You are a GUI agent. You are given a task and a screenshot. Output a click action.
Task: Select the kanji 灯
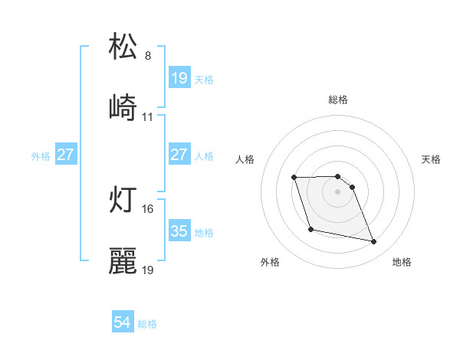[123, 198]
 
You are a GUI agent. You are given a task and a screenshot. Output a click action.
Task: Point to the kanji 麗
[123, 260]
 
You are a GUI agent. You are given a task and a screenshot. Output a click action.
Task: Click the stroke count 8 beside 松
[148, 56]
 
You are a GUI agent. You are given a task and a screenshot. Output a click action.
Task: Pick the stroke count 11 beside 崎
[148, 117]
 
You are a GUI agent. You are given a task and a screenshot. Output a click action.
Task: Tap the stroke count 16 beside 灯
[148, 208]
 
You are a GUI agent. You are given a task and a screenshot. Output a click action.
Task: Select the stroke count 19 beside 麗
[148, 270]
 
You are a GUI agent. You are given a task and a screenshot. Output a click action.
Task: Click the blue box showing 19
[179, 78]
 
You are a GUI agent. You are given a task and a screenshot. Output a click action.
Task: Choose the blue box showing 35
[179, 231]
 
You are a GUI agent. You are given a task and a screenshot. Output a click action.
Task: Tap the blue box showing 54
[123, 322]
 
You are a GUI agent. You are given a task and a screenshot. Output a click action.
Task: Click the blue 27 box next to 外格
[65, 155]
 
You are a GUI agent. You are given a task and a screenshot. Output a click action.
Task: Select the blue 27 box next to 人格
[179, 155]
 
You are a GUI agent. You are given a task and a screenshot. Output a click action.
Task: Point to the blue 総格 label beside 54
[147, 324]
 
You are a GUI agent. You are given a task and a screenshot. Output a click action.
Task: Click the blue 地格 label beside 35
[204, 232]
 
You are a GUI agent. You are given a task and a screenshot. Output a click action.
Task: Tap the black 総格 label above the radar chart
[337, 100]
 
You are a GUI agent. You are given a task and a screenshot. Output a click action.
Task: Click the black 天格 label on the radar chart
[432, 159]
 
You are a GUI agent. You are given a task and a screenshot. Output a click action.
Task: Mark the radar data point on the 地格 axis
[374, 242]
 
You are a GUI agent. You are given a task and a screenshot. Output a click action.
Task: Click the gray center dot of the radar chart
[337, 191]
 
